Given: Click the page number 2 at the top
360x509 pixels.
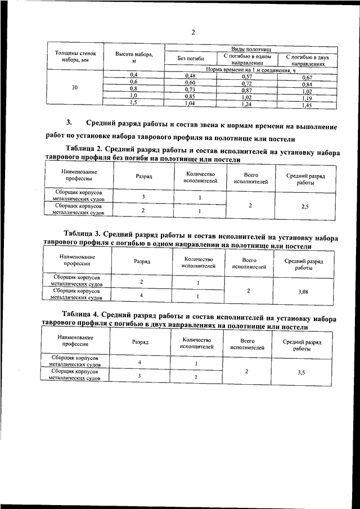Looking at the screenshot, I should [x=192, y=32].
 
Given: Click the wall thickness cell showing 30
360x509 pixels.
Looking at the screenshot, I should [x=75, y=88].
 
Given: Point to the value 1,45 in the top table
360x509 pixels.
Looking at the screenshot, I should [x=307, y=105].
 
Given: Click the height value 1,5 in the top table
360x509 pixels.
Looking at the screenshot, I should [x=133, y=103].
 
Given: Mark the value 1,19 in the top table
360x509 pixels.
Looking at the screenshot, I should [x=307, y=98].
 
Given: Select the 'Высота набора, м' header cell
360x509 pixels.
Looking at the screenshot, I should [x=134, y=56].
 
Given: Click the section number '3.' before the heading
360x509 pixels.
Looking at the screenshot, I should [x=69, y=123].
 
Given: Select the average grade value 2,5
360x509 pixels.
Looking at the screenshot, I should [x=304, y=206].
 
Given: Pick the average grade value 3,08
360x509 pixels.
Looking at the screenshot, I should [x=304, y=292].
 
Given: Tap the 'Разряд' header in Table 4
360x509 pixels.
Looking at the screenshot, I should [x=140, y=341].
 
